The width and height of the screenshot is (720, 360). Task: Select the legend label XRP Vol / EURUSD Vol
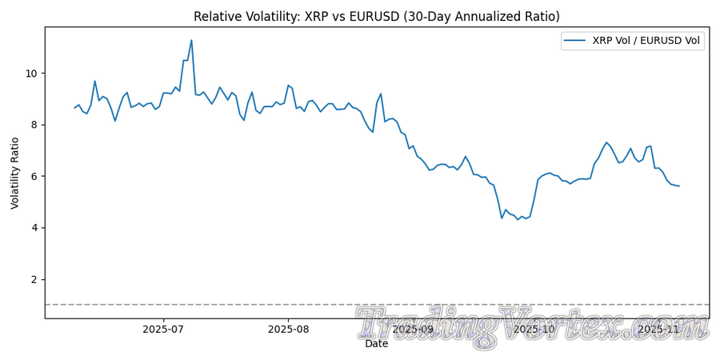click(x=646, y=41)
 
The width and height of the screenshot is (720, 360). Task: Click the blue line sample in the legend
click(x=576, y=41)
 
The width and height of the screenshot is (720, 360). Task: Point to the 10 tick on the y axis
click(x=31, y=74)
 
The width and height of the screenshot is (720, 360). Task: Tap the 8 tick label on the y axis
click(x=34, y=125)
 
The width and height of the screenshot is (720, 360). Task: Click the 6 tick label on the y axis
click(x=34, y=177)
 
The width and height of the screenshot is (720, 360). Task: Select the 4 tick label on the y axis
click(x=34, y=228)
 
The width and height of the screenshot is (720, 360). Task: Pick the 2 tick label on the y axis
click(x=34, y=280)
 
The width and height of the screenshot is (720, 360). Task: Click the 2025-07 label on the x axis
click(x=164, y=329)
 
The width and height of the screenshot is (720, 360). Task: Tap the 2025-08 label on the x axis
click(x=288, y=329)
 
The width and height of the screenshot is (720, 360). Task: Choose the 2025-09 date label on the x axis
click(x=413, y=329)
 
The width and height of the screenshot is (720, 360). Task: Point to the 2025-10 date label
click(x=534, y=329)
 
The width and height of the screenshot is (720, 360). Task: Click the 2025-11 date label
click(x=658, y=329)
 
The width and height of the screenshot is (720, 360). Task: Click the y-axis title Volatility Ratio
click(x=15, y=172)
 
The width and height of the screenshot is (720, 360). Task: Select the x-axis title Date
click(x=377, y=344)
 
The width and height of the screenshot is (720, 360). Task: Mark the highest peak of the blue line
click(x=191, y=40)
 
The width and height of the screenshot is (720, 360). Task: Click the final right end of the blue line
click(x=679, y=186)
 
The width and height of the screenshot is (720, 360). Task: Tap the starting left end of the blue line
click(x=74, y=108)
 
